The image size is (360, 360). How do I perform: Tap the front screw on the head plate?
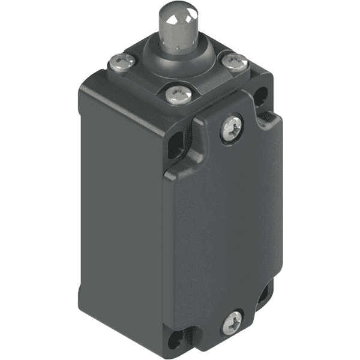[175, 94]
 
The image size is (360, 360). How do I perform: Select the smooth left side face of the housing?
[120, 210]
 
